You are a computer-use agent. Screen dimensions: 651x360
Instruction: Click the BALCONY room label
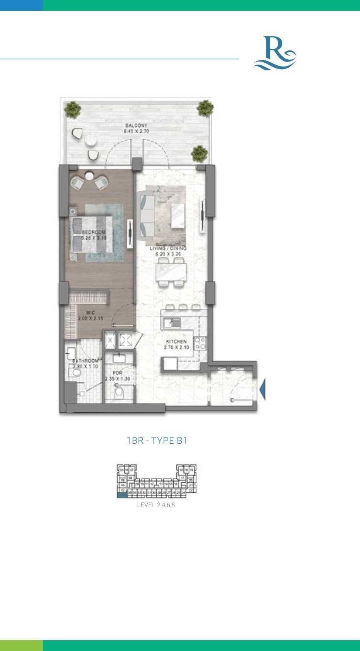coord(136,125)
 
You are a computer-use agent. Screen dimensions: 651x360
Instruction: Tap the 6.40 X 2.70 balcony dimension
coord(136,132)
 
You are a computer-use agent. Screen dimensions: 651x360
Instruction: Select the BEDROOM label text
coord(94,232)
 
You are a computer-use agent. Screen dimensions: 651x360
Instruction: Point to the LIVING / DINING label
coord(168,248)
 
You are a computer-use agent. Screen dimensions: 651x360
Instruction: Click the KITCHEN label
coord(176,342)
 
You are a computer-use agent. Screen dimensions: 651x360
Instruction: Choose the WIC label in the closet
coord(90,313)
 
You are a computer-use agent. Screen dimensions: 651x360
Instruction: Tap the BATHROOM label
coord(85,361)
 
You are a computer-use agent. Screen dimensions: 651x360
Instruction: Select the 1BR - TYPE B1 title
coord(157,440)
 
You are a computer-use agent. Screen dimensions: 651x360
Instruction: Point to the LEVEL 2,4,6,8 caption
coord(156,505)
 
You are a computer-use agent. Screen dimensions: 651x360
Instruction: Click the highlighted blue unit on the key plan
coord(122,495)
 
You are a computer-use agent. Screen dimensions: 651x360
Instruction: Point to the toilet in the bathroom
coord(75,372)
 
